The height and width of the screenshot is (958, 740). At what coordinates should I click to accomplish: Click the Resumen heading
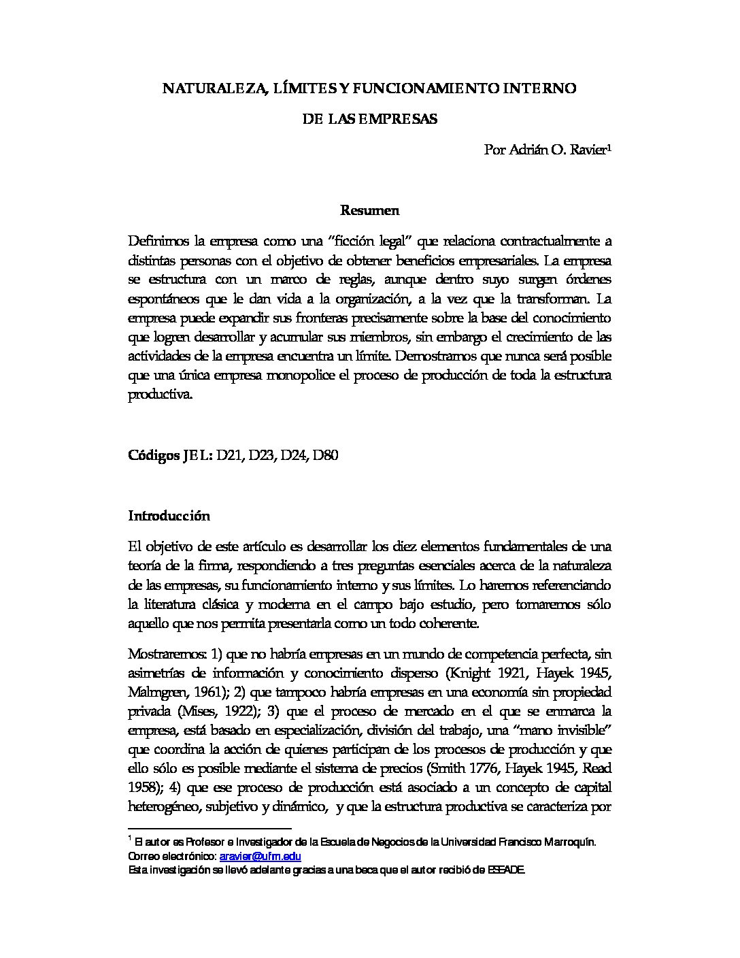(x=369, y=210)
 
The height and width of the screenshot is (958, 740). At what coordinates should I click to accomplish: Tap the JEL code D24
(x=292, y=455)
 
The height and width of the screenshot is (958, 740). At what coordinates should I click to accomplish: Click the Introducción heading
(x=169, y=516)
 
